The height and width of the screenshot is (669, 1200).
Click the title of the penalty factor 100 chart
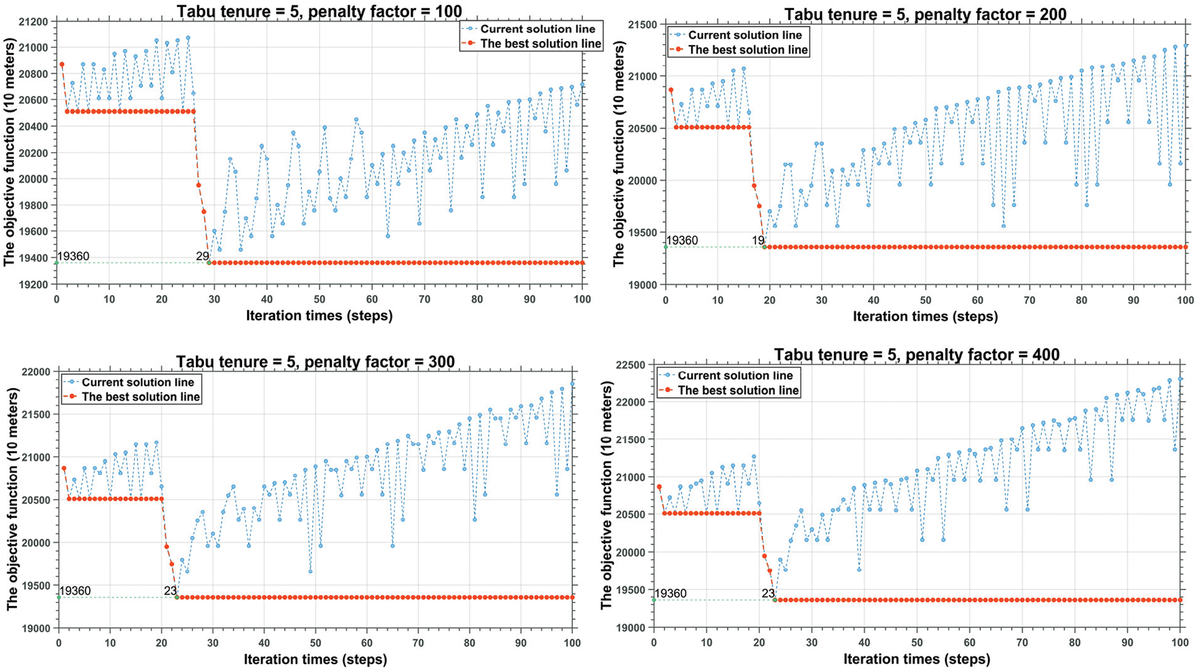click(319, 11)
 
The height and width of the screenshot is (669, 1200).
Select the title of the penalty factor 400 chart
click(916, 354)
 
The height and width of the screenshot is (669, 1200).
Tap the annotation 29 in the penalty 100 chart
click(202, 256)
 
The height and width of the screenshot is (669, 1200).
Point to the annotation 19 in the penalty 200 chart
click(758, 240)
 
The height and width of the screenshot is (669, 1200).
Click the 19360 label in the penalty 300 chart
click(75, 591)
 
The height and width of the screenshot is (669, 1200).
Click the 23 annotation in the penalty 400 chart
click(768, 593)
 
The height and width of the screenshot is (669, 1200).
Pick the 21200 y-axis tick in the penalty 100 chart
click(34, 21)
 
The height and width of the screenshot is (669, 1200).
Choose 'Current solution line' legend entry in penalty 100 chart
click(537, 29)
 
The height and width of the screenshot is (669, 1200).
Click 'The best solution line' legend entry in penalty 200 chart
click(747, 49)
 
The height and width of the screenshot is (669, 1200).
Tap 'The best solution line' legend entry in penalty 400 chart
click(738, 390)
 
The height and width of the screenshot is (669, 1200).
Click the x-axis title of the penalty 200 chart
click(925, 316)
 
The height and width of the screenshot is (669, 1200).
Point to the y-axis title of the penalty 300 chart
click(13, 499)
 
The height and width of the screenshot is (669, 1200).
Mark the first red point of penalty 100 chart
click(62, 64)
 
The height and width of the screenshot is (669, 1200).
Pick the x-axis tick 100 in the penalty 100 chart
click(582, 299)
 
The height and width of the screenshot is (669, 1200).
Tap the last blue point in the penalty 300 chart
click(572, 383)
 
